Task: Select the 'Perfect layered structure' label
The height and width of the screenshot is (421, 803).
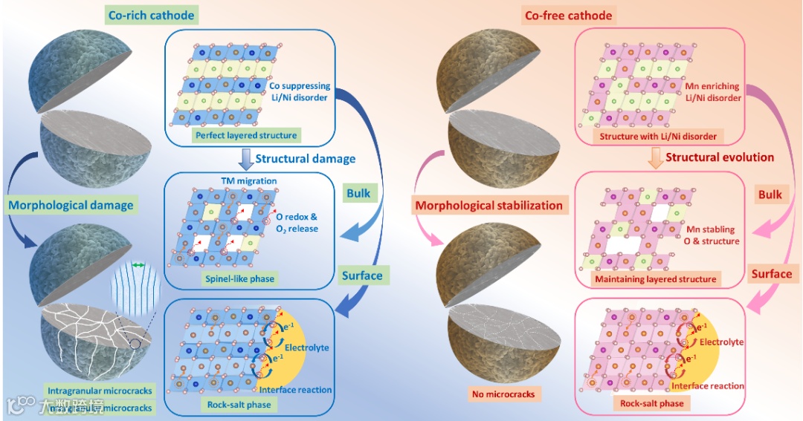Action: tap(245, 136)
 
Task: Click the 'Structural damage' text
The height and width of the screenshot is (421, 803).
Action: tap(306, 158)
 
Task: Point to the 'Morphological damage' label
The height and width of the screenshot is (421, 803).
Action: tap(71, 204)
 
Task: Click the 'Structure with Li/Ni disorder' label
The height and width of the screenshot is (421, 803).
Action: tap(655, 137)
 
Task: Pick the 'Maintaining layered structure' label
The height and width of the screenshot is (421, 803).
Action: tap(656, 279)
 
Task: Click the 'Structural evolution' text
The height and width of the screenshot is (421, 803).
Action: tap(720, 157)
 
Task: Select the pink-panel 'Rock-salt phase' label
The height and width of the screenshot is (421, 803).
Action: tap(651, 403)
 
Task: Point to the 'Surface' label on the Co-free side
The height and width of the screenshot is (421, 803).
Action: tap(771, 274)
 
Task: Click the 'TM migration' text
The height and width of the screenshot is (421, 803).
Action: tap(249, 180)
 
